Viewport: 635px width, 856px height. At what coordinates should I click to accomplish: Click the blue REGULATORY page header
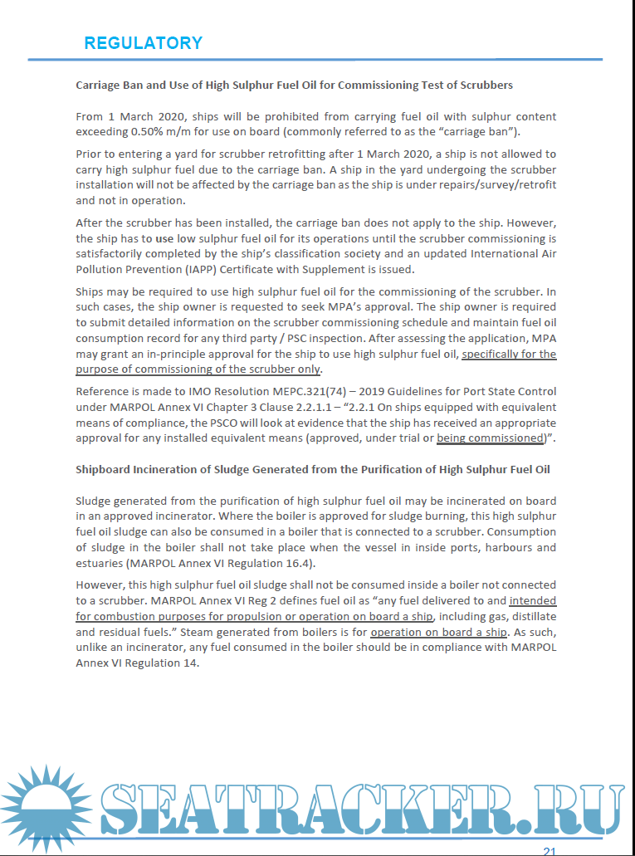pos(143,43)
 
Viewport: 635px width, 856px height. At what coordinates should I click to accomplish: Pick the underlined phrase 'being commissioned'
pos(489,438)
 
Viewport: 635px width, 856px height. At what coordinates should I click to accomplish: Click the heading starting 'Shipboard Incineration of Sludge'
pos(313,470)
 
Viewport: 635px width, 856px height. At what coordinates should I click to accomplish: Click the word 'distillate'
pos(530,616)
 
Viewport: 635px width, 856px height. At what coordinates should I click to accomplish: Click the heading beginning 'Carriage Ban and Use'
pos(294,85)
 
